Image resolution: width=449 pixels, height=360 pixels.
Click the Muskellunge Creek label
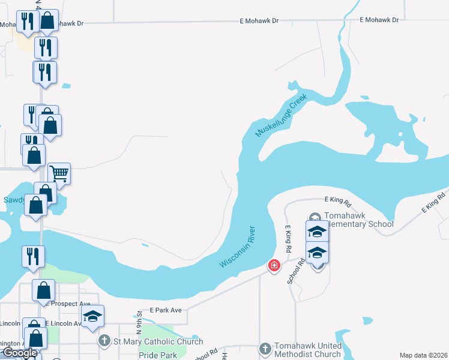282,115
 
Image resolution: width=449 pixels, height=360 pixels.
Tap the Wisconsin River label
238,247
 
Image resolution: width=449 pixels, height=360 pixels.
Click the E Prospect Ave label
67,304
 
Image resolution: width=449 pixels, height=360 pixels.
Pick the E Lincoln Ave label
63,323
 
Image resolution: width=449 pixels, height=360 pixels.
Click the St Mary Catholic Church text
158,342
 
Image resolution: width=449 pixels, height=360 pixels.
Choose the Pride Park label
158,355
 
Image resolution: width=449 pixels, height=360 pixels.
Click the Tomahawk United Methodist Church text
307,350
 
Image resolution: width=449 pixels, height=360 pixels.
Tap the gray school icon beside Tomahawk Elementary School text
315,217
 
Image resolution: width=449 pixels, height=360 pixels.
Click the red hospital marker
274,265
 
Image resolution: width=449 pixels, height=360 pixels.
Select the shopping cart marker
59,174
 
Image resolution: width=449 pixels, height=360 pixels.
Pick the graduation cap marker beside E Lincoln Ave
93,316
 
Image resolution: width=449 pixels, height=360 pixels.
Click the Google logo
19,353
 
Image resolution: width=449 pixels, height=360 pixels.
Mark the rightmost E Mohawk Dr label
379,20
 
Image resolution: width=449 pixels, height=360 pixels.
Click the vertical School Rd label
293,271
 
